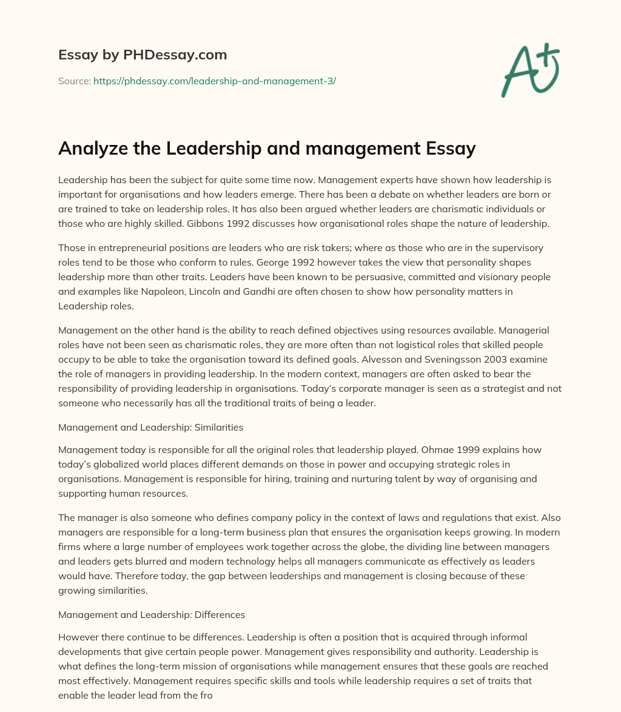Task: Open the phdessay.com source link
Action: (215, 81)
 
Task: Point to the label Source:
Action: (74, 81)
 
